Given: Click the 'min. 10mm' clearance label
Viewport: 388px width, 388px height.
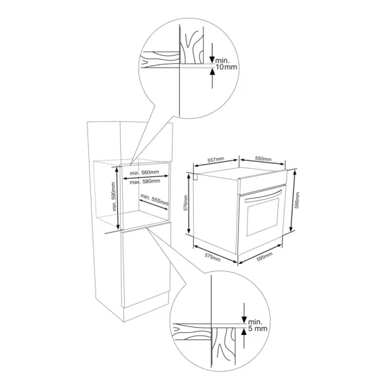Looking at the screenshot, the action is coord(226,64).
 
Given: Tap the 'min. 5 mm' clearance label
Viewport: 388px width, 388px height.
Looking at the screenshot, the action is coord(257,325).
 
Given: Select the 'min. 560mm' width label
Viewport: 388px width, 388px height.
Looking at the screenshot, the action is coord(145,172).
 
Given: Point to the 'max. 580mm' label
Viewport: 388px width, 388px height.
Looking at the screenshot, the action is coord(145,181).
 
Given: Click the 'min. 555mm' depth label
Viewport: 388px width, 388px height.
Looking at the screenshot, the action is coord(155,200).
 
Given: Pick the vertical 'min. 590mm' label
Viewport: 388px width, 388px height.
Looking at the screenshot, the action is coord(113,196).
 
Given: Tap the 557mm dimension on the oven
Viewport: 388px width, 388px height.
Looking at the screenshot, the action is coord(216,160).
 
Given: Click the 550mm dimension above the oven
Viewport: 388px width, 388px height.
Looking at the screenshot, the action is coord(263,159).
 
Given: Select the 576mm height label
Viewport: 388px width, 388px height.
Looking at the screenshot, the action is coord(186,203).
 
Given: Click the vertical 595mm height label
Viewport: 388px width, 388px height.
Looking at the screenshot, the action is coord(297,200).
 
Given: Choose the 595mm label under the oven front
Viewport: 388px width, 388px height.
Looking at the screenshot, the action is coord(265,257).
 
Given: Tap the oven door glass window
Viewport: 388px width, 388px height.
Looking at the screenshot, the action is coord(263,217).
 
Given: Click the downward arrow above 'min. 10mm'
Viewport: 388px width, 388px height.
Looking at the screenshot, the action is coord(212,53).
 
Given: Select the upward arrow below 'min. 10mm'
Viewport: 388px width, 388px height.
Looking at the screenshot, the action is coord(212,78).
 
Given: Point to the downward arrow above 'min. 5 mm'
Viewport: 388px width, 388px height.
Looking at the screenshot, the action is coord(244,313).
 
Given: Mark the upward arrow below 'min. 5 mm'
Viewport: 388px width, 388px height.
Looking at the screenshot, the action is coord(244,338).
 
